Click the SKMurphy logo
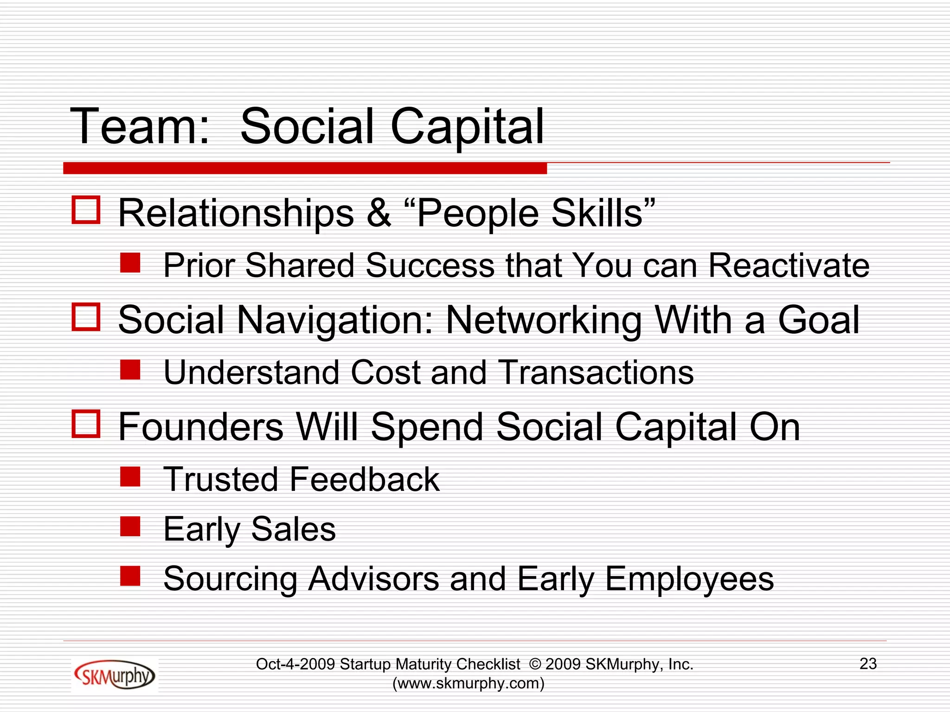(114, 675)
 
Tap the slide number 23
(868, 664)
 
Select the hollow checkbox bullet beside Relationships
(86, 210)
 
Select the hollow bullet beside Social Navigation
(86, 317)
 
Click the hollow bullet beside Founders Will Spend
(86, 424)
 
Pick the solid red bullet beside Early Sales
(130, 527)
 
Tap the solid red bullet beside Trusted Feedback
(130, 477)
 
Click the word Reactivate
(789, 266)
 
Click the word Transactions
(596, 372)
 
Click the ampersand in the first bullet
(379, 213)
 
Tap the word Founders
(200, 427)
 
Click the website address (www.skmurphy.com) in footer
(469, 683)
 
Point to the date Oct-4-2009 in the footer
(295, 664)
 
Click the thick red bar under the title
(305, 168)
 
